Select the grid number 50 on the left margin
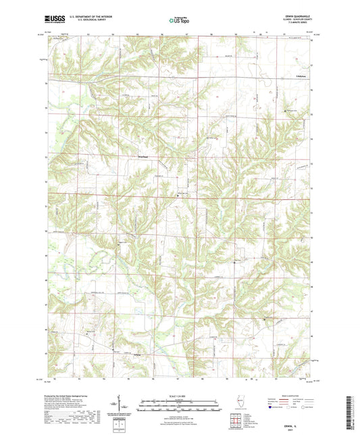46,230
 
